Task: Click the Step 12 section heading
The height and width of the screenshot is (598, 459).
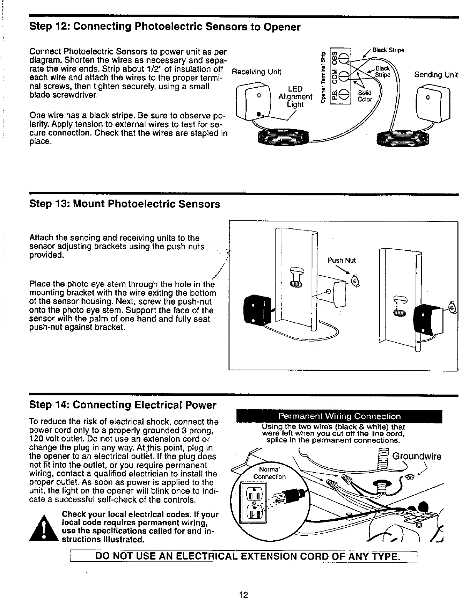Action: click(165, 27)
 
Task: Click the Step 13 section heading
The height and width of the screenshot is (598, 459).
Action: click(125, 204)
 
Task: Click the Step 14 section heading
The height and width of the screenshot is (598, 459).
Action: click(123, 405)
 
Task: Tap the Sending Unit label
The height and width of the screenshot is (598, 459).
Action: click(436, 75)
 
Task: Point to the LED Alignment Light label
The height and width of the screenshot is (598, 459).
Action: click(295, 96)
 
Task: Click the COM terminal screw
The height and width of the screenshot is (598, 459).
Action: click(345, 76)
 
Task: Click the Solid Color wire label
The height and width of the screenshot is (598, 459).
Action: click(365, 96)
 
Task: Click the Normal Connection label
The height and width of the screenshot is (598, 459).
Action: click(269, 473)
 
